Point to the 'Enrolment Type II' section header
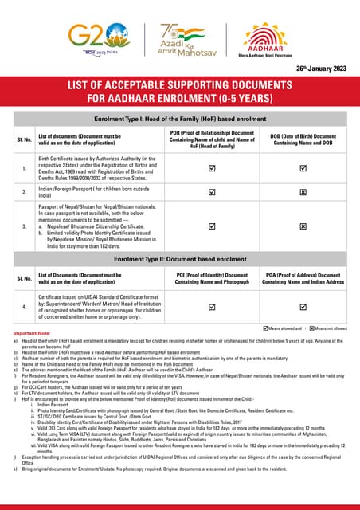[x=179, y=260]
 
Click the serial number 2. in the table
[x=24, y=192]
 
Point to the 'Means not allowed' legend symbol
[x=310, y=328]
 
